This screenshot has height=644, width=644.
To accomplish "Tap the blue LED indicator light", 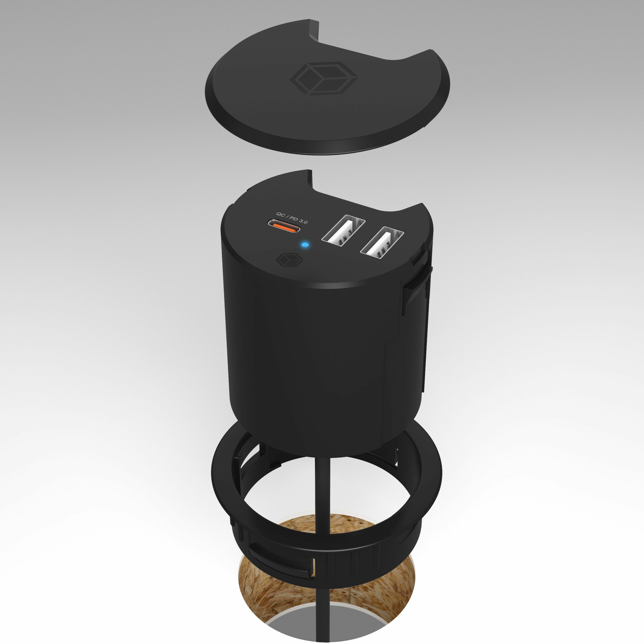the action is coord(305,245).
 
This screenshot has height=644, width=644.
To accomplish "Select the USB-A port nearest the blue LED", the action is coord(343,229).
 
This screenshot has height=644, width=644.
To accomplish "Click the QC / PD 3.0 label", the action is coord(292,218).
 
